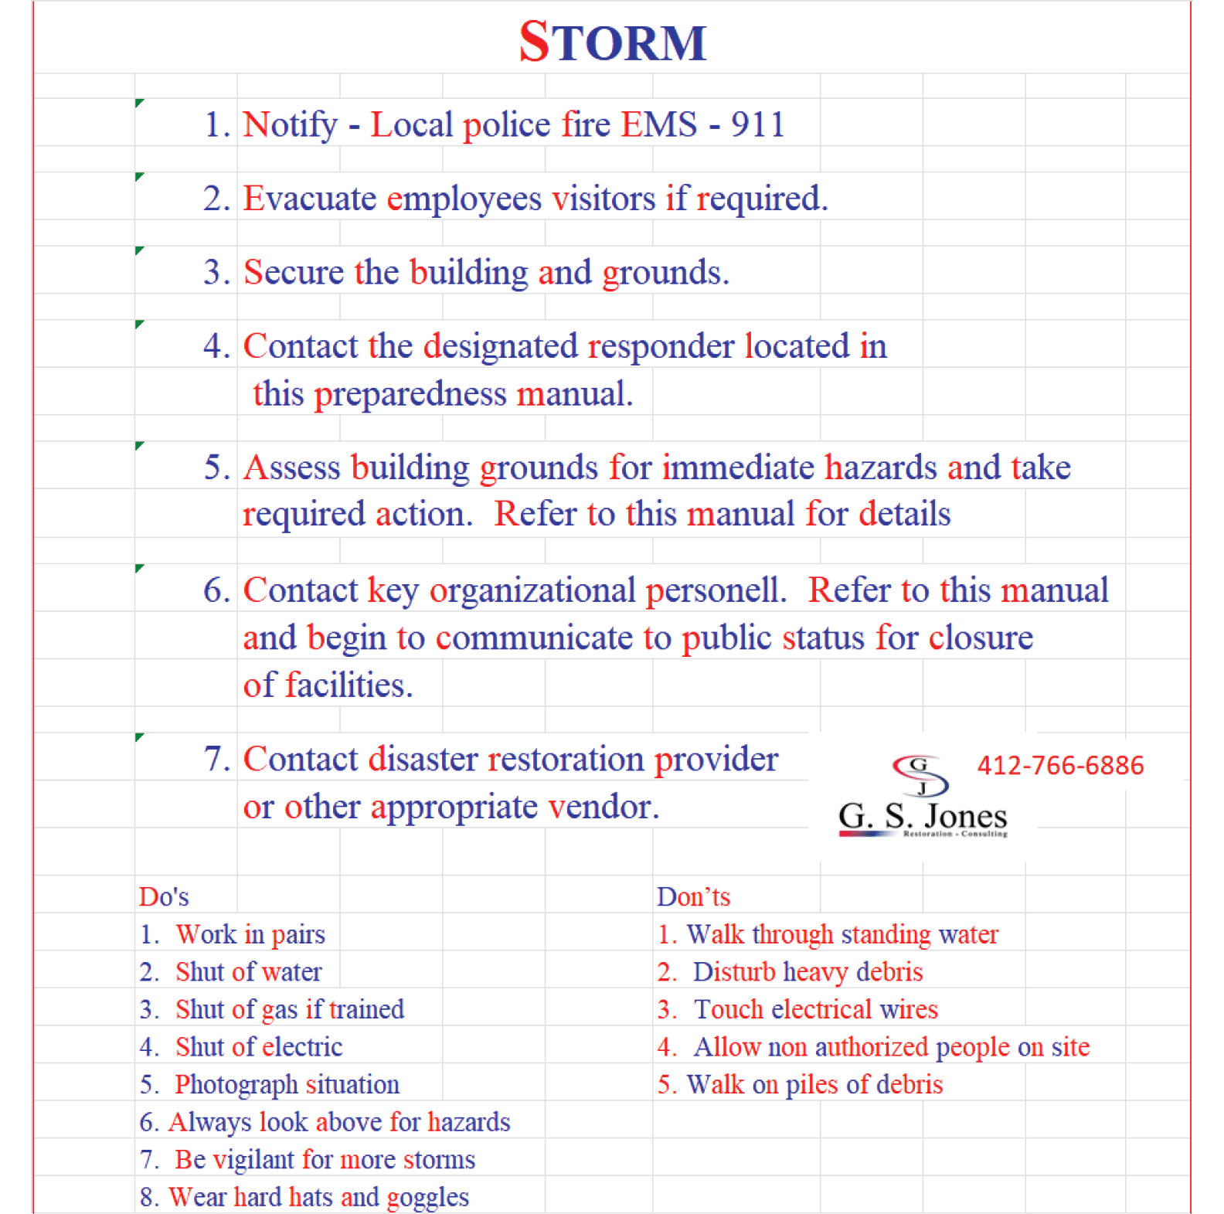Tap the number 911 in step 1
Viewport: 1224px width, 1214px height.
(x=758, y=124)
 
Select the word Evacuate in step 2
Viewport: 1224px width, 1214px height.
(x=310, y=199)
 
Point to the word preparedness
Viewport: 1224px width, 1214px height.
(x=410, y=395)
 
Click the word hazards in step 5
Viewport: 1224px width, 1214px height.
(x=880, y=468)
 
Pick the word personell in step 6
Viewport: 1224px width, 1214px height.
(x=716, y=591)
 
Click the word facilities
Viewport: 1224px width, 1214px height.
(x=348, y=685)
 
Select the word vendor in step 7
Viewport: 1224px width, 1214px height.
(x=603, y=808)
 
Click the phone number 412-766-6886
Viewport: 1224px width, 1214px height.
(x=1060, y=765)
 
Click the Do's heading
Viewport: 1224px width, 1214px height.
(x=164, y=896)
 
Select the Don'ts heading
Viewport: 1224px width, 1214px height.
(x=693, y=896)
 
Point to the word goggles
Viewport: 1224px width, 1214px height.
(x=427, y=1197)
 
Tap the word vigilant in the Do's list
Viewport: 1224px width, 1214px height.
(x=253, y=1159)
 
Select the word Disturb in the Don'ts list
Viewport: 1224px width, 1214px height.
(x=733, y=972)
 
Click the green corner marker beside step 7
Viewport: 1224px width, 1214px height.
(x=140, y=737)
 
